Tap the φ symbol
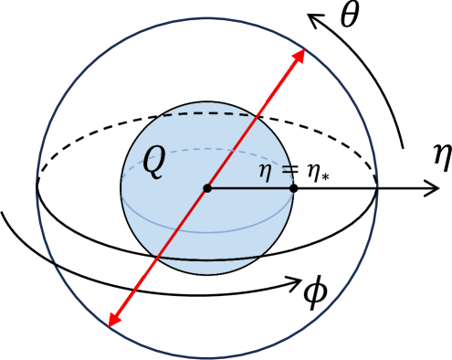click(315, 291)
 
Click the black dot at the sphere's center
click(207, 188)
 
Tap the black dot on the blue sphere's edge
click(293, 188)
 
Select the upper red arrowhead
click(299, 56)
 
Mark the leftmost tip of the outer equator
click(37, 188)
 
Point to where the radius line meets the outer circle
click(377, 188)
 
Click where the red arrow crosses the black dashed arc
click(260, 114)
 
